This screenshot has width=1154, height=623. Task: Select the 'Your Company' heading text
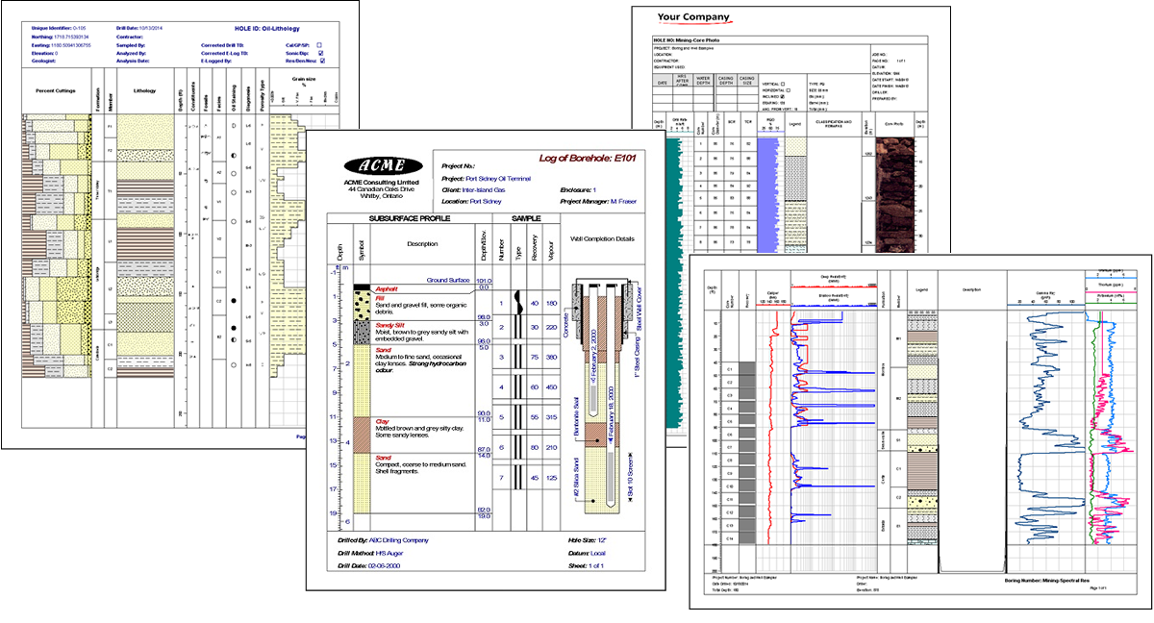(692, 17)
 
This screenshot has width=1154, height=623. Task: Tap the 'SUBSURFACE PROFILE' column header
(410, 218)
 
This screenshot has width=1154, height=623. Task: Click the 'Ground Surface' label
(441, 280)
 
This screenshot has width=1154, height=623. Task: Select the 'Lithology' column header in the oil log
(144, 91)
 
